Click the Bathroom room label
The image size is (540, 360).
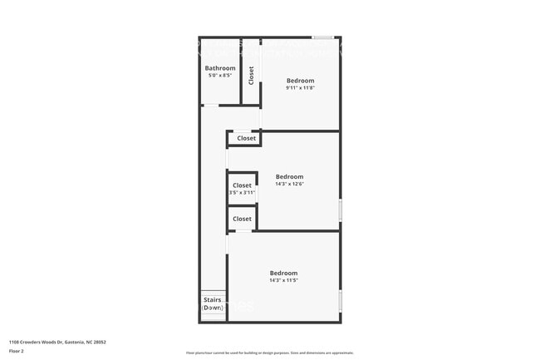[220, 68]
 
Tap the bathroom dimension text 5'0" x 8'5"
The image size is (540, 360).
[220, 76]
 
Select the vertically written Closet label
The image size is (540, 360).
[251, 75]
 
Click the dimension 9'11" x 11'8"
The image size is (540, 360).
[300, 88]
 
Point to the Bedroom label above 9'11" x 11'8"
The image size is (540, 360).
[300, 81]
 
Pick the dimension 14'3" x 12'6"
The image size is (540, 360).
[289, 184]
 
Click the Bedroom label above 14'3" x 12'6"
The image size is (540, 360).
[289, 176]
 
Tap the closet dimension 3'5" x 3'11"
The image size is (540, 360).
[242, 193]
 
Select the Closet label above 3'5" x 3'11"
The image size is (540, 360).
[242, 185]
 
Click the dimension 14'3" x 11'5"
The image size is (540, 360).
[283, 280]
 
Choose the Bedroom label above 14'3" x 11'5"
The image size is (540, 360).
[283, 273]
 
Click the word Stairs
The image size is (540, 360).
[213, 300]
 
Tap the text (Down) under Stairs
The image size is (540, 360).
[213, 308]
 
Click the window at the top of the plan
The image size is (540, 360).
[324, 37]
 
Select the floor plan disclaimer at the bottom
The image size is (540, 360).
[269, 353]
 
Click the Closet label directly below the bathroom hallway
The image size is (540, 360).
[242, 138]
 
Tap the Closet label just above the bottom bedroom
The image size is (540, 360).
[242, 219]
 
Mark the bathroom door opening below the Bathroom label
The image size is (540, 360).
[211, 105]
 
